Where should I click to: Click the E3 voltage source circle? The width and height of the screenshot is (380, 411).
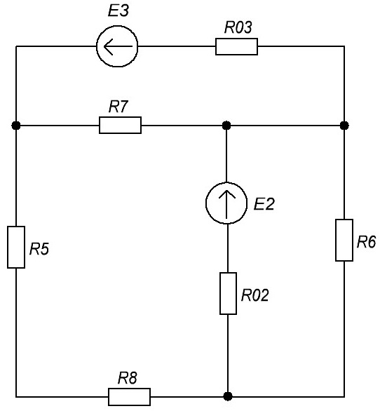97,46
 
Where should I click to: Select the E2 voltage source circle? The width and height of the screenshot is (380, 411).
206,203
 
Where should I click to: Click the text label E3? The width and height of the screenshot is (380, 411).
118,11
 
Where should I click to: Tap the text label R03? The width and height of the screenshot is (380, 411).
238,27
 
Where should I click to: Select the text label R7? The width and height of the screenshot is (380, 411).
118,107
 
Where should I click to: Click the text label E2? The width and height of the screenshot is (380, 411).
264,204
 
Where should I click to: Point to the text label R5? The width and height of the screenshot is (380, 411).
39,249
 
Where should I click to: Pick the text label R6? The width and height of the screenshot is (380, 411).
367,242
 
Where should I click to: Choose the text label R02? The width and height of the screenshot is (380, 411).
255,295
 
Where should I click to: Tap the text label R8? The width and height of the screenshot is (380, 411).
128,378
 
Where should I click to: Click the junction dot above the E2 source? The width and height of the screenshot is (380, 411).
226,126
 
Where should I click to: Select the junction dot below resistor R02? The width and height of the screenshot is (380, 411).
228,396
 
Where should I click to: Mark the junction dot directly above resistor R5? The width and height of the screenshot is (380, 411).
16,126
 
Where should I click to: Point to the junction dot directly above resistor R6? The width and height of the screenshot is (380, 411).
344,126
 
